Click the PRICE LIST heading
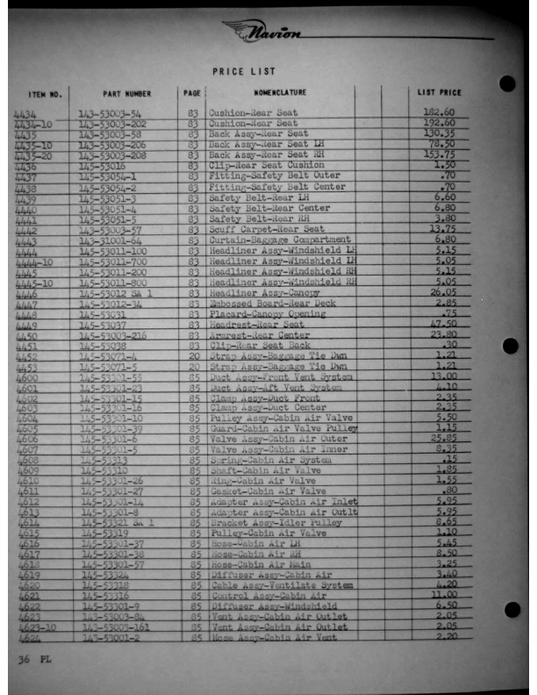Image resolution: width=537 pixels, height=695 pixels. (244, 71)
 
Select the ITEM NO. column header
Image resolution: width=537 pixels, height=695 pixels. (45, 93)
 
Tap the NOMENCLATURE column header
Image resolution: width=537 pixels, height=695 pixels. (280, 92)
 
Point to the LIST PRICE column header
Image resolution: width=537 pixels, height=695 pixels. (439, 92)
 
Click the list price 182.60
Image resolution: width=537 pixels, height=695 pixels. (439, 112)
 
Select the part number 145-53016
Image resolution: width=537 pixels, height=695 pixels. (104, 165)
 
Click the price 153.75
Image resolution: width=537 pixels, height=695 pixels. (438, 154)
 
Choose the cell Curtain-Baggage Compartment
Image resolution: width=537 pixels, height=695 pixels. (279, 240)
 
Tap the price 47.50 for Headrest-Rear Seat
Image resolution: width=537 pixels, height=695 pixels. (440, 324)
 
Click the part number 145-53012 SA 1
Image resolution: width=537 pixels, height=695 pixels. (116, 292)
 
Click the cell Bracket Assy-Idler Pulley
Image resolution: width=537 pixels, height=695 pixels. (276, 521)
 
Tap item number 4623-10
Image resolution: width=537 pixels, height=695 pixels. (35, 627)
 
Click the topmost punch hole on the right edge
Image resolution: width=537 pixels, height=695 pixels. (507, 83)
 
